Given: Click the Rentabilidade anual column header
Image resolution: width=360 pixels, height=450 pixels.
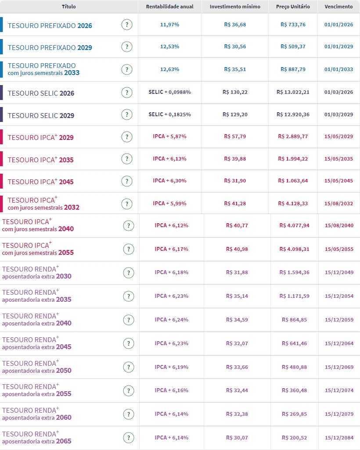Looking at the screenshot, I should (169, 7).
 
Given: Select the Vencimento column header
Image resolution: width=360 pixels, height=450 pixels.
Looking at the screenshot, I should (338, 7).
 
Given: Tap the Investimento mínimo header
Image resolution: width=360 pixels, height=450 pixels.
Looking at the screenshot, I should (235, 7).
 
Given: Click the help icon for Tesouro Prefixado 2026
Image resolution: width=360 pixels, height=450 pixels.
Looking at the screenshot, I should (127, 25).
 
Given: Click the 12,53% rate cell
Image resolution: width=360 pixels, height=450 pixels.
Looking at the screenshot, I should (169, 46).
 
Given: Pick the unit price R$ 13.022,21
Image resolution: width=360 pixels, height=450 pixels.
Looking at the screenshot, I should (293, 92).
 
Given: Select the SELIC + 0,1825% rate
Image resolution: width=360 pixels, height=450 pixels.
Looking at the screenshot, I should (169, 114).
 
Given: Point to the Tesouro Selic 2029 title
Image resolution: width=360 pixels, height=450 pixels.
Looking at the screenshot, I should (41, 116).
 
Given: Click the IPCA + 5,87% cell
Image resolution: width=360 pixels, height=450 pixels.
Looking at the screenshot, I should (169, 136).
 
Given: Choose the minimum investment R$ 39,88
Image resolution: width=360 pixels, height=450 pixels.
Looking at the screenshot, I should (235, 158).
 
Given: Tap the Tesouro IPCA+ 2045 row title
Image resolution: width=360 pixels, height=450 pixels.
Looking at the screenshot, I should (40, 182).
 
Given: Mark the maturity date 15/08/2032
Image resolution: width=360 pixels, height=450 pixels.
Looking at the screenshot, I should (338, 204).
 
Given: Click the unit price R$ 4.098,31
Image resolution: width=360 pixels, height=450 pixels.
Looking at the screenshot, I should (295, 249).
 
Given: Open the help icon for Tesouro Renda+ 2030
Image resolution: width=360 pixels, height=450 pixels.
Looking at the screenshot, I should (128, 273).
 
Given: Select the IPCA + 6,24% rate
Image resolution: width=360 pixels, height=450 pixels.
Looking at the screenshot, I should (171, 320).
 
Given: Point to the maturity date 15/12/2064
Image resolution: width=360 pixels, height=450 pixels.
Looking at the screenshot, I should (339, 343).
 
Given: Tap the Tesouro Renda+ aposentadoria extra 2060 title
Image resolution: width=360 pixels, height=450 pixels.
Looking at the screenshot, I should (36, 414).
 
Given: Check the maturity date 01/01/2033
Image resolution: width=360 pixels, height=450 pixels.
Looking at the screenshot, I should (338, 69).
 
